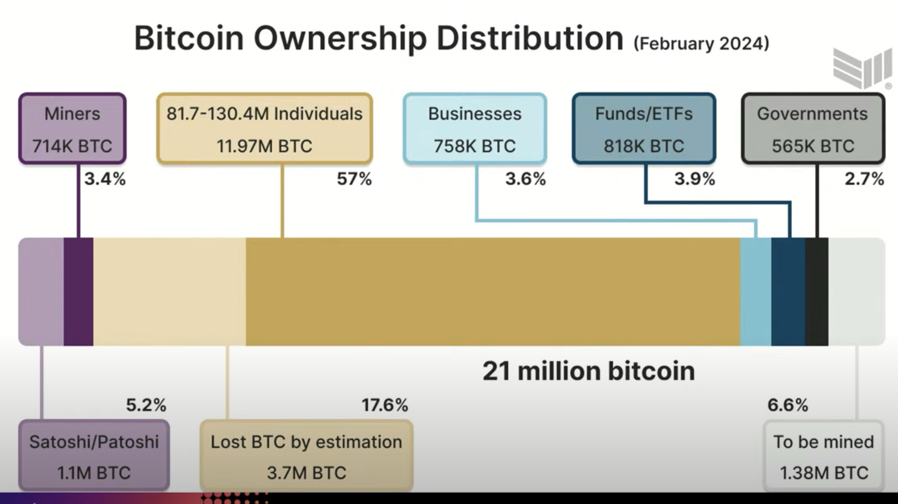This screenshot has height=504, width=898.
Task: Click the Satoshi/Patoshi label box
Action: click(x=94, y=456)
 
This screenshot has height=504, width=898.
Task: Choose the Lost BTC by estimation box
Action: click(x=306, y=456)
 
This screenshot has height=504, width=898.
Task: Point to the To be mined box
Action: click(x=824, y=456)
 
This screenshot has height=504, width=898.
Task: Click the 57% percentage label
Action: click(x=354, y=179)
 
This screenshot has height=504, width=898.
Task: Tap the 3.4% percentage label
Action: click(x=105, y=179)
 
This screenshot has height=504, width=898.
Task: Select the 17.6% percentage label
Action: click(x=385, y=405)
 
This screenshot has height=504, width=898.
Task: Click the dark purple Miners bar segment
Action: click(x=78, y=292)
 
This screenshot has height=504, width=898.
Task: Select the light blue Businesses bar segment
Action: click(x=755, y=292)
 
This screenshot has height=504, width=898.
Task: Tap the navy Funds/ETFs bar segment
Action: click(x=788, y=292)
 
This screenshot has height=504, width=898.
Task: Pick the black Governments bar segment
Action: click(x=817, y=292)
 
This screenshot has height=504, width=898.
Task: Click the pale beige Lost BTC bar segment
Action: click(x=169, y=292)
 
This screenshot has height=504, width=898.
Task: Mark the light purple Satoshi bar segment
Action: click(x=41, y=292)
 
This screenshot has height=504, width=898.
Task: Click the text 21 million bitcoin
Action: click(x=589, y=371)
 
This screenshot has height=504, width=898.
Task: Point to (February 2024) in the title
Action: click(x=701, y=44)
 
